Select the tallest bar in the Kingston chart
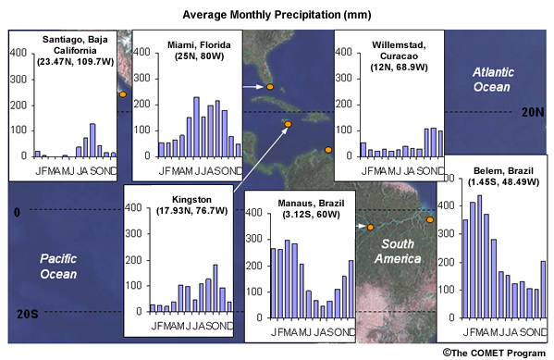(215, 288)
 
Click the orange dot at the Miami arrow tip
(270, 87)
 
